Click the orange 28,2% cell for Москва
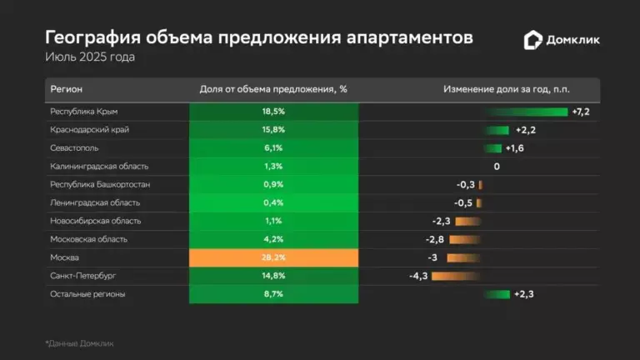pyautogui.click(x=274, y=257)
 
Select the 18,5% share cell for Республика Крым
pyautogui.click(x=274, y=112)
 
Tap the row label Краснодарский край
pyautogui.click(x=89, y=130)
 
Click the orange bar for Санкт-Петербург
pyautogui.click(x=454, y=276)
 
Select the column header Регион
pyautogui.click(x=67, y=89)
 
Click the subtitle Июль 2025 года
pyautogui.click(x=90, y=57)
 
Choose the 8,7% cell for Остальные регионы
pyautogui.click(x=274, y=294)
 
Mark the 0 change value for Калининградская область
pyautogui.click(x=497, y=167)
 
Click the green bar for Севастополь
pyautogui.click(x=492, y=148)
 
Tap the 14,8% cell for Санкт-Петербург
pyautogui.click(x=274, y=276)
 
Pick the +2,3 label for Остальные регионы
pyautogui.click(x=524, y=294)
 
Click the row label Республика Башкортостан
pyautogui.click(x=100, y=184)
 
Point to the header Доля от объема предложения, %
pyautogui.click(x=274, y=89)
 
